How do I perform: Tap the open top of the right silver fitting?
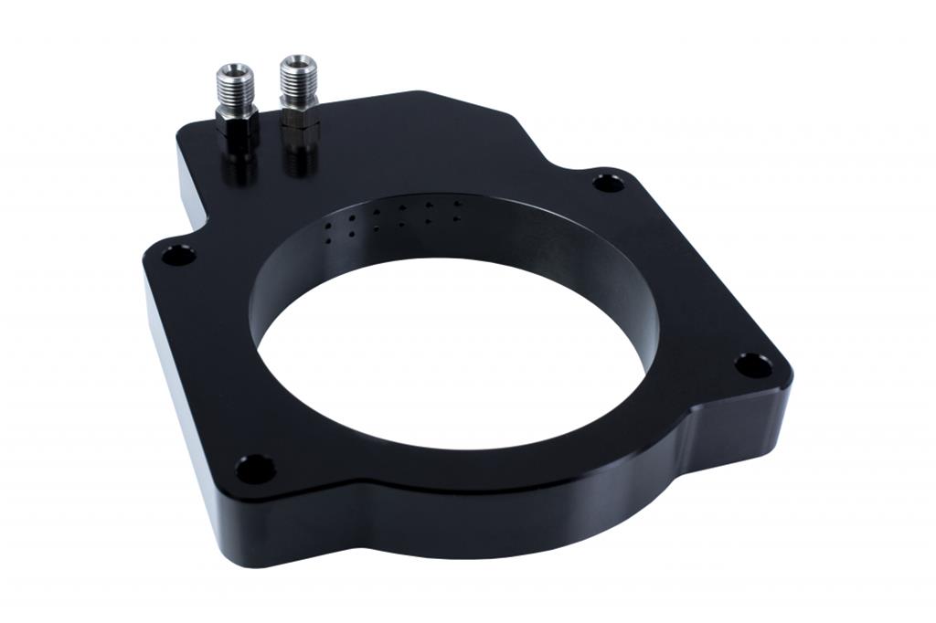pyautogui.click(x=297, y=63)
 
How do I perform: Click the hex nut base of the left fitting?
pyautogui.click(x=238, y=118)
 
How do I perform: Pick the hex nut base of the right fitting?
pyautogui.click(x=299, y=114)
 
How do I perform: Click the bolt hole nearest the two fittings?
pyautogui.click(x=178, y=255)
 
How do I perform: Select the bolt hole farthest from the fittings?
pyautogui.click(x=752, y=366)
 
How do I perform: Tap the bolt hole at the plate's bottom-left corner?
pyautogui.click(x=255, y=470)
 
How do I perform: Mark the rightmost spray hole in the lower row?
pyautogui.click(x=457, y=218)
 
